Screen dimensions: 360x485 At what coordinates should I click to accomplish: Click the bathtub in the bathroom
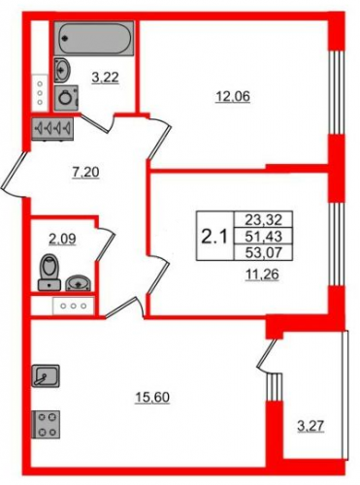(x=94, y=38)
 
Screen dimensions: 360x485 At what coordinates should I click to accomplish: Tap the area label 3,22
(x=106, y=78)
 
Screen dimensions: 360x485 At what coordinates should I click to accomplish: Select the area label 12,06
(x=233, y=96)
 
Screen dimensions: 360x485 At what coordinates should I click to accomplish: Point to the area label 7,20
(x=85, y=173)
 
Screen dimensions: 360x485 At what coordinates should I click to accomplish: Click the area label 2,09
(x=62, y=240)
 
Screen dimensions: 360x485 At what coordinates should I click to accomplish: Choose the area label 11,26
(x=262, y=275)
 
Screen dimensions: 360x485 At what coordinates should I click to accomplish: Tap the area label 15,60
(x=152, y=398)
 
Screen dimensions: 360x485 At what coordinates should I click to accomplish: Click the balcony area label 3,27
(x=311, y=426)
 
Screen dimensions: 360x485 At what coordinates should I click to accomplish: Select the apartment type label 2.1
(x=214, y=237)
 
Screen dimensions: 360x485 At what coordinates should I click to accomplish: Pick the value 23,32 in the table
(x=264, y=220)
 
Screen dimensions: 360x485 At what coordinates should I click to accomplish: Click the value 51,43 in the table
(x=264, y=237)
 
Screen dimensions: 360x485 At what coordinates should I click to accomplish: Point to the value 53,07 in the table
(x=264, y=252)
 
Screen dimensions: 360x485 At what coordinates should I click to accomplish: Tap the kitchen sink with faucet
(x=46, y=375)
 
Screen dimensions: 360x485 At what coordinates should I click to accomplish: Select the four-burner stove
(x=46, y=424)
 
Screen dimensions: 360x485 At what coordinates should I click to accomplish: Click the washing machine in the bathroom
(x=67, y=98)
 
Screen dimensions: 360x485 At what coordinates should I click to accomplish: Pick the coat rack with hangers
(x=52, y=129)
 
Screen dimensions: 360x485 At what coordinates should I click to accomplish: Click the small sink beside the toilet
(x=79, y=283)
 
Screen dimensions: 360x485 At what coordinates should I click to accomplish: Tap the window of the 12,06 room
(x=336, y=92)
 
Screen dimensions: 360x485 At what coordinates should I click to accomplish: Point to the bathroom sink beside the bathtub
(x=62, y=69)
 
